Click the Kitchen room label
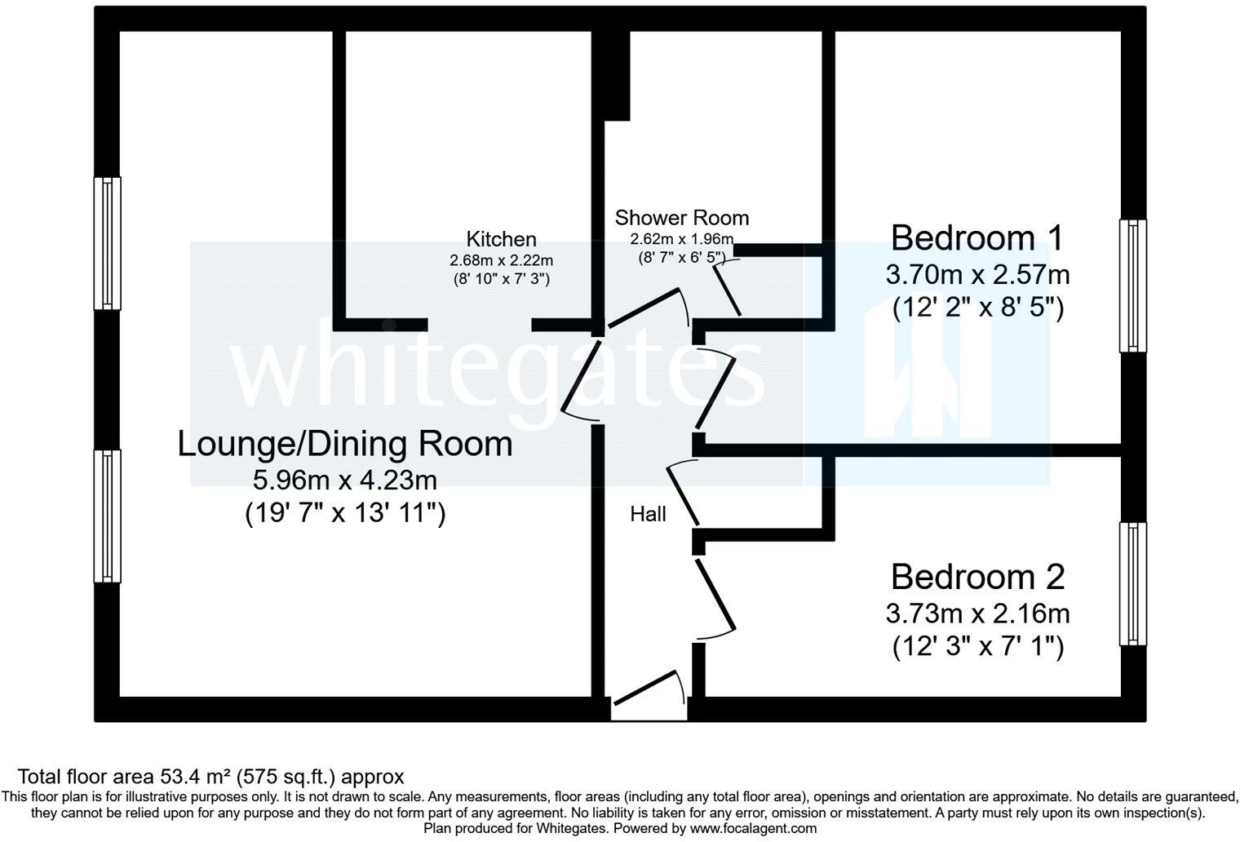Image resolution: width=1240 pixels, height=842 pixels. click(x=501, y=239)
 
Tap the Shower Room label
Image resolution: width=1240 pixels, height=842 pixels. click(x=681, y=218)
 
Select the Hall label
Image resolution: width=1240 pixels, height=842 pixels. click(x=648, y=514)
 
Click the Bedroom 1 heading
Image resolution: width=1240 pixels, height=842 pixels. click(x=977, y=238)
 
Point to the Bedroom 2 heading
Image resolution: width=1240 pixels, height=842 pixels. click(x=977, y=577)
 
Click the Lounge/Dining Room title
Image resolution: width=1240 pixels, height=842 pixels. click(x=345, y=445)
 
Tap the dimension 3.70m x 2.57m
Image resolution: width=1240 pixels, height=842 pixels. click(x=977, y=274)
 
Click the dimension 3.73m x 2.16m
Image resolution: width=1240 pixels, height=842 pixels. click(x=977, y=613)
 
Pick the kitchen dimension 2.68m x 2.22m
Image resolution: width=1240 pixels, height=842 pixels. click(x=501, y=261)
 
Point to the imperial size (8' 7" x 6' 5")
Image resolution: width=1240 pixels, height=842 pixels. click(x=685, y=256)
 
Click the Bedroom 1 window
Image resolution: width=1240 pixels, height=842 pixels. click(x=1133, y=286)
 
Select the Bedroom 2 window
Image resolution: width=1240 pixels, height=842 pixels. click(x=1133, y=584)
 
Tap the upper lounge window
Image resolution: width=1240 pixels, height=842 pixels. click(x=107, y=243)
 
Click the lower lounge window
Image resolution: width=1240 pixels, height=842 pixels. click(x=107, y=516)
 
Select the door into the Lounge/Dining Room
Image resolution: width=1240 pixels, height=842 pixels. click(x=582, y=379)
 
